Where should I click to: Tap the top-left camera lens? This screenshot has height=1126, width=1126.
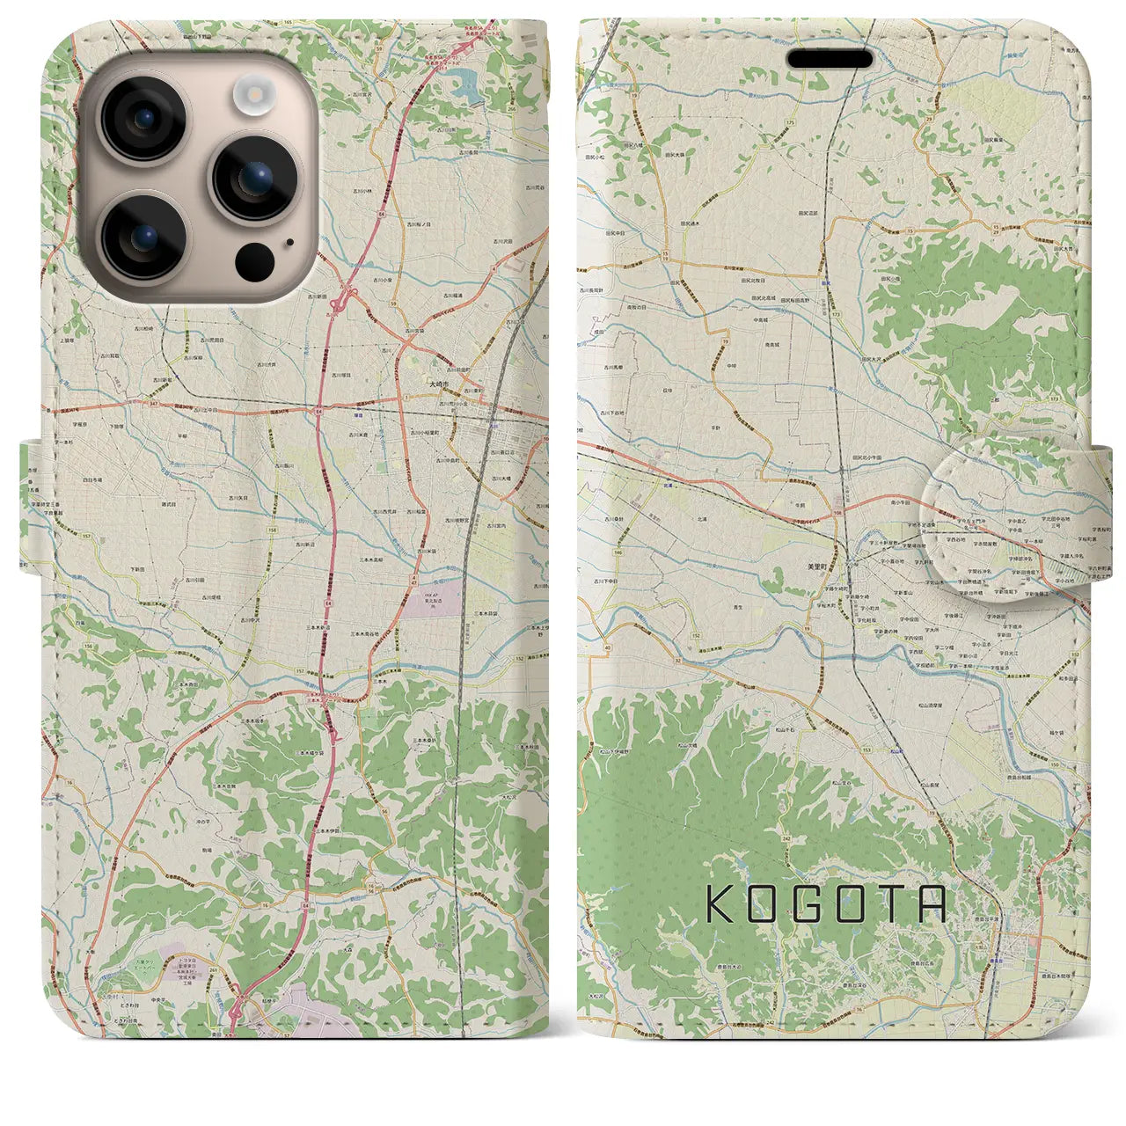[x=143, y=119]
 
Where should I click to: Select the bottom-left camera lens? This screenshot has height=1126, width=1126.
[x=143, y=235]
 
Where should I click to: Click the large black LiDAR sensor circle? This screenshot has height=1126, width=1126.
[x=255, y=261]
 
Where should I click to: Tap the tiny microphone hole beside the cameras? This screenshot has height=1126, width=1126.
[x=289, y=243]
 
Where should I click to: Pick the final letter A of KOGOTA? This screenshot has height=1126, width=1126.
[x=931, y=903]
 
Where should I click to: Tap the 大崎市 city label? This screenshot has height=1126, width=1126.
[x=437, y=385]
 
